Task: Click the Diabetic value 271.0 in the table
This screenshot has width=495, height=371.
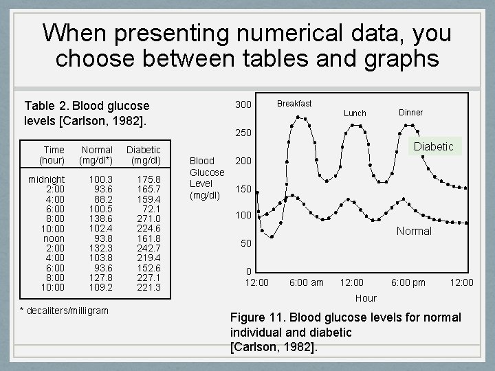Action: click(x=149, y=218)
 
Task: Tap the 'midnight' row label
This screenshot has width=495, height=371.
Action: click(x=47, y=179)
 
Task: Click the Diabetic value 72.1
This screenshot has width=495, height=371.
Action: click(x=151, y=209)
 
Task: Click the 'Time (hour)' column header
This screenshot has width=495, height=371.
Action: click(x=53, y=155)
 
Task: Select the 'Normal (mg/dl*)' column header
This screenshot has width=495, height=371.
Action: click(x=97, y=155)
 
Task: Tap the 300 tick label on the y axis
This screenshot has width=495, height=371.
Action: click(x=243, y=105)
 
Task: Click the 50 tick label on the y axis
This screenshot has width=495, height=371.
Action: click(x=245, y=243)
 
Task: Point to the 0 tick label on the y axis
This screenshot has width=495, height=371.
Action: click(x=249, y=271)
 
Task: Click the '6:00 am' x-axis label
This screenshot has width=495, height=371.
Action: click(x=307, y=282)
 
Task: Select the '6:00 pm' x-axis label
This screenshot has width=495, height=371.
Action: click(x=408, y=282)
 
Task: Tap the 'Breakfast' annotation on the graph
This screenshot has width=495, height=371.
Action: click(x=294, y=104)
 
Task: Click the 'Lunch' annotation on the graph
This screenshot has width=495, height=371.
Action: click(x=355, y=113)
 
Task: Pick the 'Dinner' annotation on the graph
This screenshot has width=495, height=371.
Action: click(x=410, y=112)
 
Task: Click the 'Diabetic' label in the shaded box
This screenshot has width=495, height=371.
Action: click(x=433, y=146)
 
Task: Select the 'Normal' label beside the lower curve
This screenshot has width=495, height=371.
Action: click(x=414, y=231)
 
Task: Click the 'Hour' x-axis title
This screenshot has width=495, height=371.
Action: click(x=366, y=298)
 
